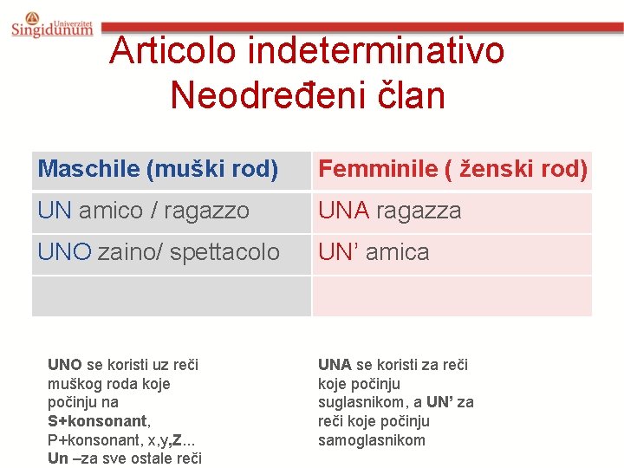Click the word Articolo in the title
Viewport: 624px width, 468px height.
[172, 50]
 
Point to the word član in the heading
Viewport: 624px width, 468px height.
[411, 94]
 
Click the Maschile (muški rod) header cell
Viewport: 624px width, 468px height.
[158, 169]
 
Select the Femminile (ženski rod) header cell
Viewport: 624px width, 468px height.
[452, 169]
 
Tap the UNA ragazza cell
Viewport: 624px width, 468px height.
[390, 211]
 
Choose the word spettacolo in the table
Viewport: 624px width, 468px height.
[225, 252]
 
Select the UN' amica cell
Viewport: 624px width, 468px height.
[374, 252]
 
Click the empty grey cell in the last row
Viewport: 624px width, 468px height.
[171, 296]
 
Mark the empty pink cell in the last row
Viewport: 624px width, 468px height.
[452, 296]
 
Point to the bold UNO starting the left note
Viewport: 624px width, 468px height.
[65, 365]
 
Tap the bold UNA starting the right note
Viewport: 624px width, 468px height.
[335, 365]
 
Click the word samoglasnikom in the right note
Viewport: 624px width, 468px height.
[372, 440]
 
